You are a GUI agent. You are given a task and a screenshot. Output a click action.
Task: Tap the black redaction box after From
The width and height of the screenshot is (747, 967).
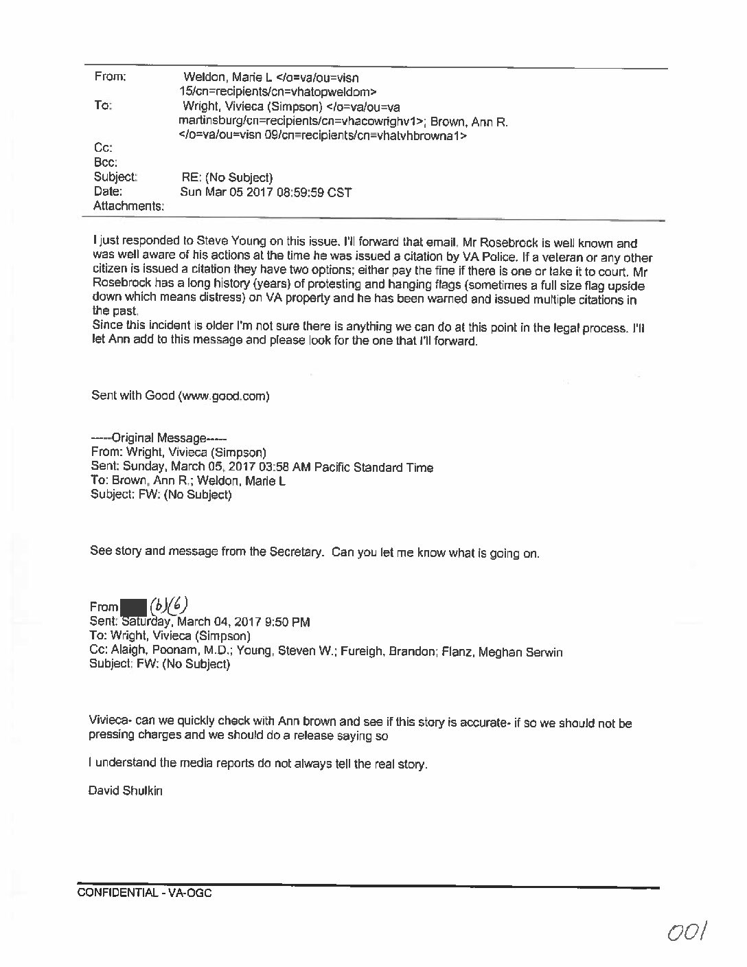(x=133, y=607)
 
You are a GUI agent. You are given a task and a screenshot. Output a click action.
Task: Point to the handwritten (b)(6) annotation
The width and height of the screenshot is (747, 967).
(x=168, y=604)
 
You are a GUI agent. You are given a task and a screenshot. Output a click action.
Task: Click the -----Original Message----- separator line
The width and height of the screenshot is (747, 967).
(x=159, y=438)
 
